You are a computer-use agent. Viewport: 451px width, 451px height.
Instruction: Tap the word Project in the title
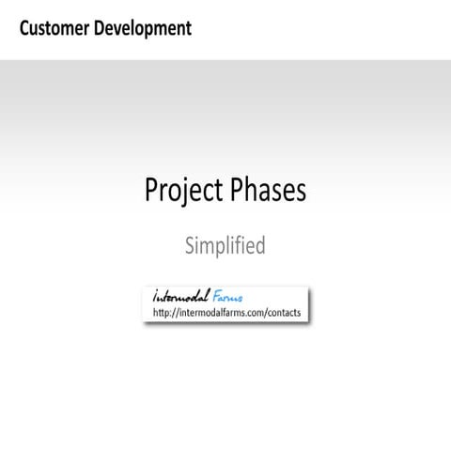182,191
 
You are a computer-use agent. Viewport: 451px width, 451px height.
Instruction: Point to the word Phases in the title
267,190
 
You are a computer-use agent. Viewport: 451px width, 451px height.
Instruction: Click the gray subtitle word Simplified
225,246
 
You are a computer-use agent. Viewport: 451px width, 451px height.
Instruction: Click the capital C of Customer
23,28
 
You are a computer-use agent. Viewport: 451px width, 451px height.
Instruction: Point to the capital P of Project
151,190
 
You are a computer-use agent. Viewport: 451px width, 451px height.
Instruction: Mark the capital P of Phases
235,190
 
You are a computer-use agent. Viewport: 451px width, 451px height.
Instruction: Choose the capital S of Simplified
190,246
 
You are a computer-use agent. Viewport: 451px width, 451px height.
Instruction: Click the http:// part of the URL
165,312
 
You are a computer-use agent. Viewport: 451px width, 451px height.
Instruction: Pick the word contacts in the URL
281,312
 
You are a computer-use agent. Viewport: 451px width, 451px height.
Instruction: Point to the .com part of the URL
246,312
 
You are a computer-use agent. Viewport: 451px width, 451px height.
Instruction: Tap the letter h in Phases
252,190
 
